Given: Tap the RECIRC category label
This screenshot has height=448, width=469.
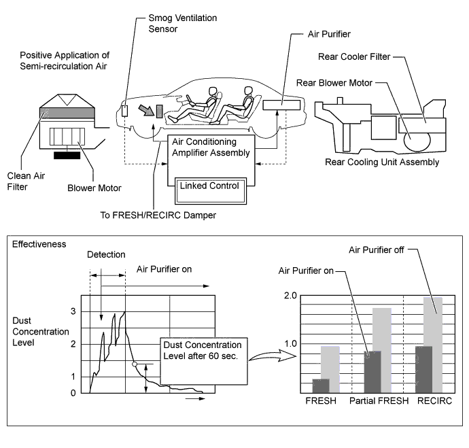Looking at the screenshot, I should [x=433, y=400].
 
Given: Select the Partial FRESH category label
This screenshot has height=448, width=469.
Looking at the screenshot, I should [x=379, y=400].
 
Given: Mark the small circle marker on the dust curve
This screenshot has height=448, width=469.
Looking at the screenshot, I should [x=134, y=365].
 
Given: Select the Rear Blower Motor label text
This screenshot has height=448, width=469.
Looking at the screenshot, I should [x=334, y=83].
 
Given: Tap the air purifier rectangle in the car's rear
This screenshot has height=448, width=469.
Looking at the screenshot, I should [x=282, y=107].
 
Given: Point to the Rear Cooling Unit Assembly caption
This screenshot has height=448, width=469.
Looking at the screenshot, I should [x=381, y=162].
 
